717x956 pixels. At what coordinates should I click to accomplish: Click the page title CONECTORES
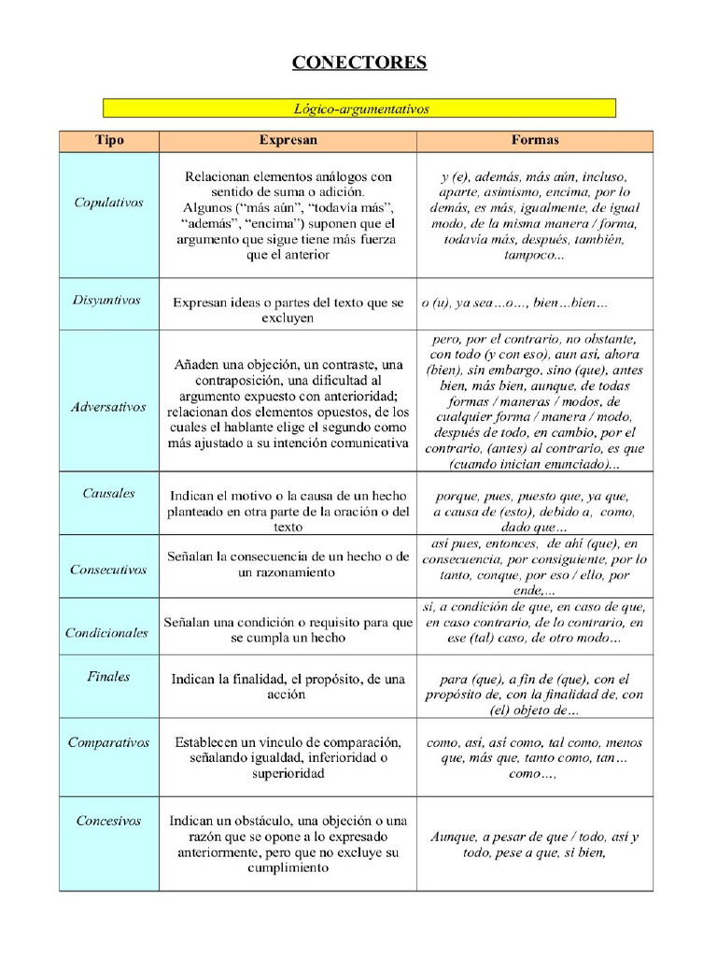[358, 63]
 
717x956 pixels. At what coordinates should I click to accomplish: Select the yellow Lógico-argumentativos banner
[359, 108]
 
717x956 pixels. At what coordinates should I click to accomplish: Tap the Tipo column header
[109, 140]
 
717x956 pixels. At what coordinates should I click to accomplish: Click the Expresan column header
[288, 140]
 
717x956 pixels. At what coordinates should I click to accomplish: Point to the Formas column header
[535, 140]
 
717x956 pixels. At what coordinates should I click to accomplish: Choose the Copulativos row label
[109, 202]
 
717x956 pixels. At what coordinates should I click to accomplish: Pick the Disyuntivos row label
[106, 300]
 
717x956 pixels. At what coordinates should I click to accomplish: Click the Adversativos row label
[108, 407]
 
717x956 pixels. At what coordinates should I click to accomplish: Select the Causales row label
[108, 493]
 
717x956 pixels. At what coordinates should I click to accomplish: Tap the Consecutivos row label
[108, 569]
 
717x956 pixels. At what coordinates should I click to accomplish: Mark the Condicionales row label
[107, 632]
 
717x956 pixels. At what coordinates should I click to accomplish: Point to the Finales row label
[108, 676]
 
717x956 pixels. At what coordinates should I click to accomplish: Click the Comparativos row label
[108, 742]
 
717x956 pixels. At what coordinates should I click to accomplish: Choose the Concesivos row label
[108, 821]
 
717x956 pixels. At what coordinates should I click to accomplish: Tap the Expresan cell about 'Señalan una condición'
[288, 629]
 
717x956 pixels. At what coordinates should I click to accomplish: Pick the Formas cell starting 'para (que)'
[534, 695]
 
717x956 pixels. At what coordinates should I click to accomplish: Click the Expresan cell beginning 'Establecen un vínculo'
[288, 757]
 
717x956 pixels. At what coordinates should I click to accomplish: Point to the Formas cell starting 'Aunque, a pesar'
[534, 844]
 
